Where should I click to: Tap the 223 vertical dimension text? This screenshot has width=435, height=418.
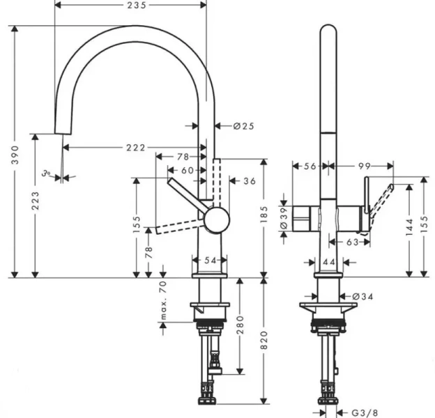tap(36, 203)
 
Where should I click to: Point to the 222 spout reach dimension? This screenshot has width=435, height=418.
tap(136, 148)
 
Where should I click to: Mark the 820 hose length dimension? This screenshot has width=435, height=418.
tap(264, 341)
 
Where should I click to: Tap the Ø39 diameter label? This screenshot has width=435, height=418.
tap(284, 217)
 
